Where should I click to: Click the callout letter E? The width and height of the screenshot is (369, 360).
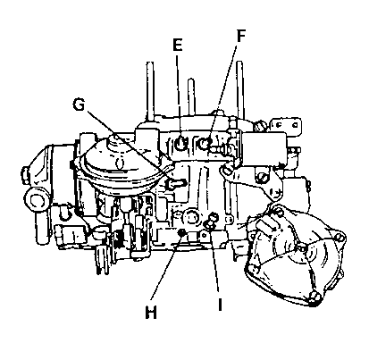[177, 46]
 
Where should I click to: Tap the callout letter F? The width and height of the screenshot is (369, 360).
[240, 36]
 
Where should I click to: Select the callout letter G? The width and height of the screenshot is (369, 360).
[79, 105]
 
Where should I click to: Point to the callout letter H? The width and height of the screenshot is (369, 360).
[151, 313]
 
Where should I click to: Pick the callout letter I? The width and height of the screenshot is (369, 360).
[220, 305]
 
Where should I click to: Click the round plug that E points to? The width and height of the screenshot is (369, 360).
[180, 144]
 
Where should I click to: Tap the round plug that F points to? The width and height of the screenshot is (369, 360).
[205, 144]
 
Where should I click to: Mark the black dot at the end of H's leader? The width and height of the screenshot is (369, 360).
[181, 232]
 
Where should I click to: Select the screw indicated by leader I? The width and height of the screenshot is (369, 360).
[211, 221]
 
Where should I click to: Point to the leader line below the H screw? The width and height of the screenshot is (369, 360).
[166, 266]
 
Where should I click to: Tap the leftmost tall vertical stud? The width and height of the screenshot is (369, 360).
[150, 91]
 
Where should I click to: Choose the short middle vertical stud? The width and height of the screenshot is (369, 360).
[191, 97]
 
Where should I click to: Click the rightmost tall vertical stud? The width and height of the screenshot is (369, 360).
[241, 89]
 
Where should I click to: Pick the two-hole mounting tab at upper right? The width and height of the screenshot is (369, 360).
[286, 125]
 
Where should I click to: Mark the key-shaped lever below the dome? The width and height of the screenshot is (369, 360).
[177, 184]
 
